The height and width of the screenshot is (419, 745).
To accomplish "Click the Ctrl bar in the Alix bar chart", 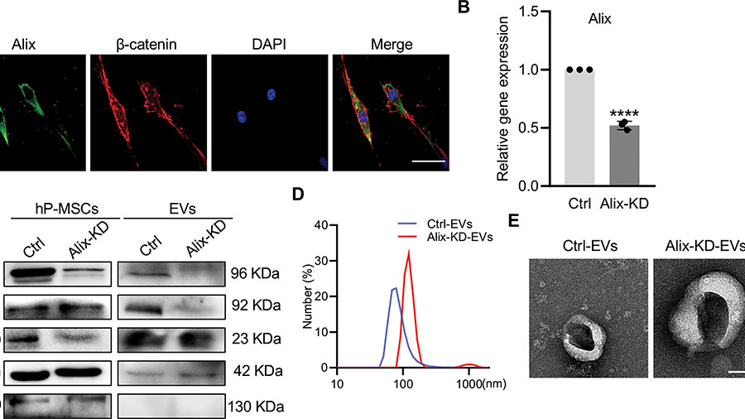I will [x=579, y=128].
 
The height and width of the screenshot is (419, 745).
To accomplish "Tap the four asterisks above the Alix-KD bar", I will [x=625, y=113].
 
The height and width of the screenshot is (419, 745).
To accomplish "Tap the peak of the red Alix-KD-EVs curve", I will [x=408, y=251].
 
